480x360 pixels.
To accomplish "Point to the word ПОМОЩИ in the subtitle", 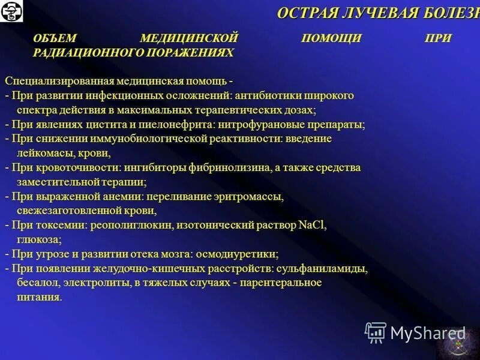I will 331,38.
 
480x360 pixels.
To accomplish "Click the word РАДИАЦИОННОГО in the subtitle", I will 78,53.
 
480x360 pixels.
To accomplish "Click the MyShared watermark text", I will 427,332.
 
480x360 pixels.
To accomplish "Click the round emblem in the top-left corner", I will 11,11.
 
